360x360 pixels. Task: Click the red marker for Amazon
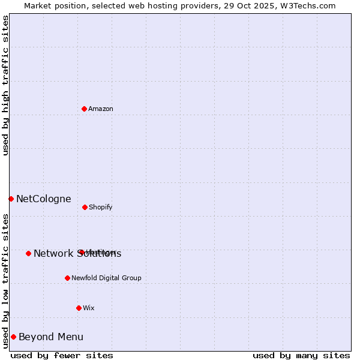pyautogui.click(x=84, y=109)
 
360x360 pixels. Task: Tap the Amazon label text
pyautogui.click(x=101, y=109)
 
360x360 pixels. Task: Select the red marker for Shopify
pyautogui.click(x=85, y=207)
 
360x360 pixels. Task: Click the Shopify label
pyautogui.click(x=101, y=208)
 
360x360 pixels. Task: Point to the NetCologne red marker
pyautogui.click(x=11, y=199)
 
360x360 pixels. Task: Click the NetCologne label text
pyautogui.click(x=44, y=199)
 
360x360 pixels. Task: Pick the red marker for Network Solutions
pyautogui.click(x=28, y=253)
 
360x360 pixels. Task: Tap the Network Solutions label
pyautogui.click(x=77, y=254)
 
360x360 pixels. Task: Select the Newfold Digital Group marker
pyautogui.click(x=67, y=278)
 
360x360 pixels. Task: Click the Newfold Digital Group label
pyautogui.click(x=106, y=278)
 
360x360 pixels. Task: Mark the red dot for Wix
pyautogui.click(x=79, y=308)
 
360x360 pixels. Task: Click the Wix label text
pyautogui.click(x=89, y=308)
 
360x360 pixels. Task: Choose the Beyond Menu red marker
pyautogui.click(x=13, y=337)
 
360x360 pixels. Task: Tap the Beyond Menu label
pyautogui.click(x=51, y=337)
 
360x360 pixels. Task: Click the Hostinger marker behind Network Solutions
pyautogui.click(x=80, y=252)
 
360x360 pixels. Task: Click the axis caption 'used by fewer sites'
pyautogui.click(x=62, y=355)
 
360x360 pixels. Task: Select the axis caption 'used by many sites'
pyautogui.click(x=301, y=355)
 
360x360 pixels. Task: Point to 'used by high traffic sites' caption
pyautogui.click(x=5, y=85)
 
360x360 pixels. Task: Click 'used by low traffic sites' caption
pyautogui.click(x=5, y=281)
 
